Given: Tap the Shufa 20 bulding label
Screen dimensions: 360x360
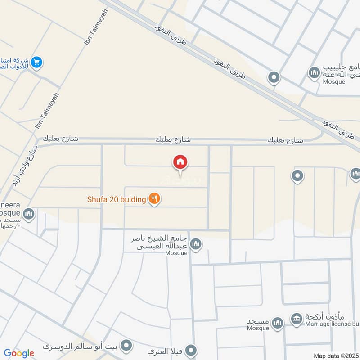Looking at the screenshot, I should point(117,199).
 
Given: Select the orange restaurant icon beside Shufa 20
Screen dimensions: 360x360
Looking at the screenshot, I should point(154,198).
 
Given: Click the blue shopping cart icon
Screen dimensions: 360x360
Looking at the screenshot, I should point(37,63).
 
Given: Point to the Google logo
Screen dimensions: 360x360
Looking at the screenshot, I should point(19,353).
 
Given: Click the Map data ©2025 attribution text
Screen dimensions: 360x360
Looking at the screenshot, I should point(336,355).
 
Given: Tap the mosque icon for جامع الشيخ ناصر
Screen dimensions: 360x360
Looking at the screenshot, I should point(195,244).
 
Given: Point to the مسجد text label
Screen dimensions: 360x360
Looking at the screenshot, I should point(258,322).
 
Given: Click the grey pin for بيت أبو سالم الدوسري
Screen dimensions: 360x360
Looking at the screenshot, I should point(127,346).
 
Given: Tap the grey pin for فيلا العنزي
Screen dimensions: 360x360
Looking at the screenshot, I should point(192,350).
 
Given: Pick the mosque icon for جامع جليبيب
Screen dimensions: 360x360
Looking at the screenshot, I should point(314,72).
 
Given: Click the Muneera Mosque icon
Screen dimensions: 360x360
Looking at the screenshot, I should point(29,214).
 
